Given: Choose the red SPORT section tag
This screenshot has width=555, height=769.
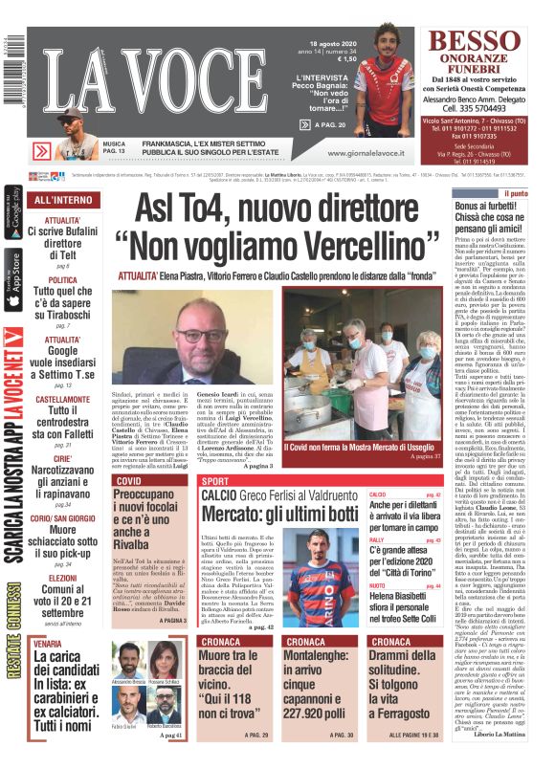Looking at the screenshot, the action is pos(217,480).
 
